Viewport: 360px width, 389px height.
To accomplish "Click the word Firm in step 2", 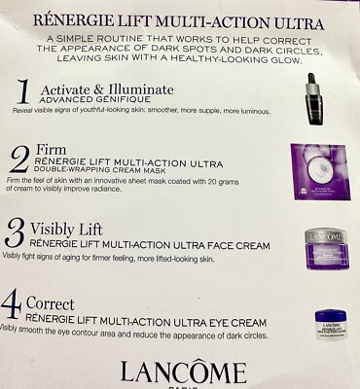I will tap(52, 148).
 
